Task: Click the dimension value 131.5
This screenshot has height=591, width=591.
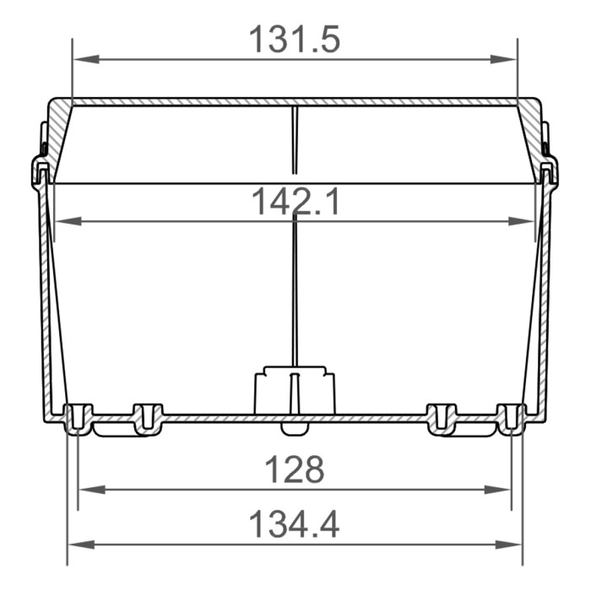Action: (295, 39)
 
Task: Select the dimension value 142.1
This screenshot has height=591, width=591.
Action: (295, 202)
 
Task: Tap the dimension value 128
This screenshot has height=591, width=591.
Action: (295, 469)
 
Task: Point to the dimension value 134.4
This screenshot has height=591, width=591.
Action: (295, 524)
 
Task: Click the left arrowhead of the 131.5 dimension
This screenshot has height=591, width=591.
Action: (82, 59)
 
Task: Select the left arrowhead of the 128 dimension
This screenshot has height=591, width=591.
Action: (88, 489)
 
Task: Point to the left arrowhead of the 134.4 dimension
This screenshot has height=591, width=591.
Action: (77, 544)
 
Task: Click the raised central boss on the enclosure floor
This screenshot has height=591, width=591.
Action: (295, 390)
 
